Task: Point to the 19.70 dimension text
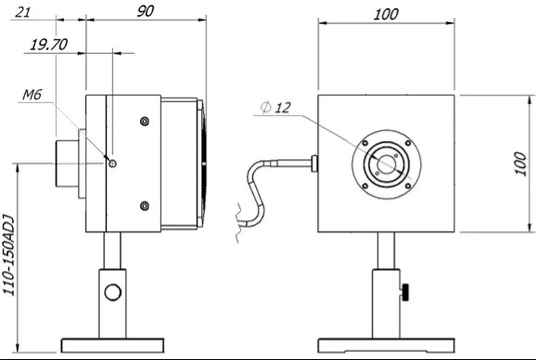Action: coord(48,44)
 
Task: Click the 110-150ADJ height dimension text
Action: coord(9,252)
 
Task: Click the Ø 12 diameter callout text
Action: coord(277,109)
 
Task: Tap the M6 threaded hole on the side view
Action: coord(112,162)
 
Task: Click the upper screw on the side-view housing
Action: coord(143,121)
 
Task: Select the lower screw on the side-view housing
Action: coord(143,205)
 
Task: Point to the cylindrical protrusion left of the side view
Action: coord(68,163)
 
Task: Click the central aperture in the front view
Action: coord(385,164)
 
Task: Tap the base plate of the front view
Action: coord(385,346)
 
